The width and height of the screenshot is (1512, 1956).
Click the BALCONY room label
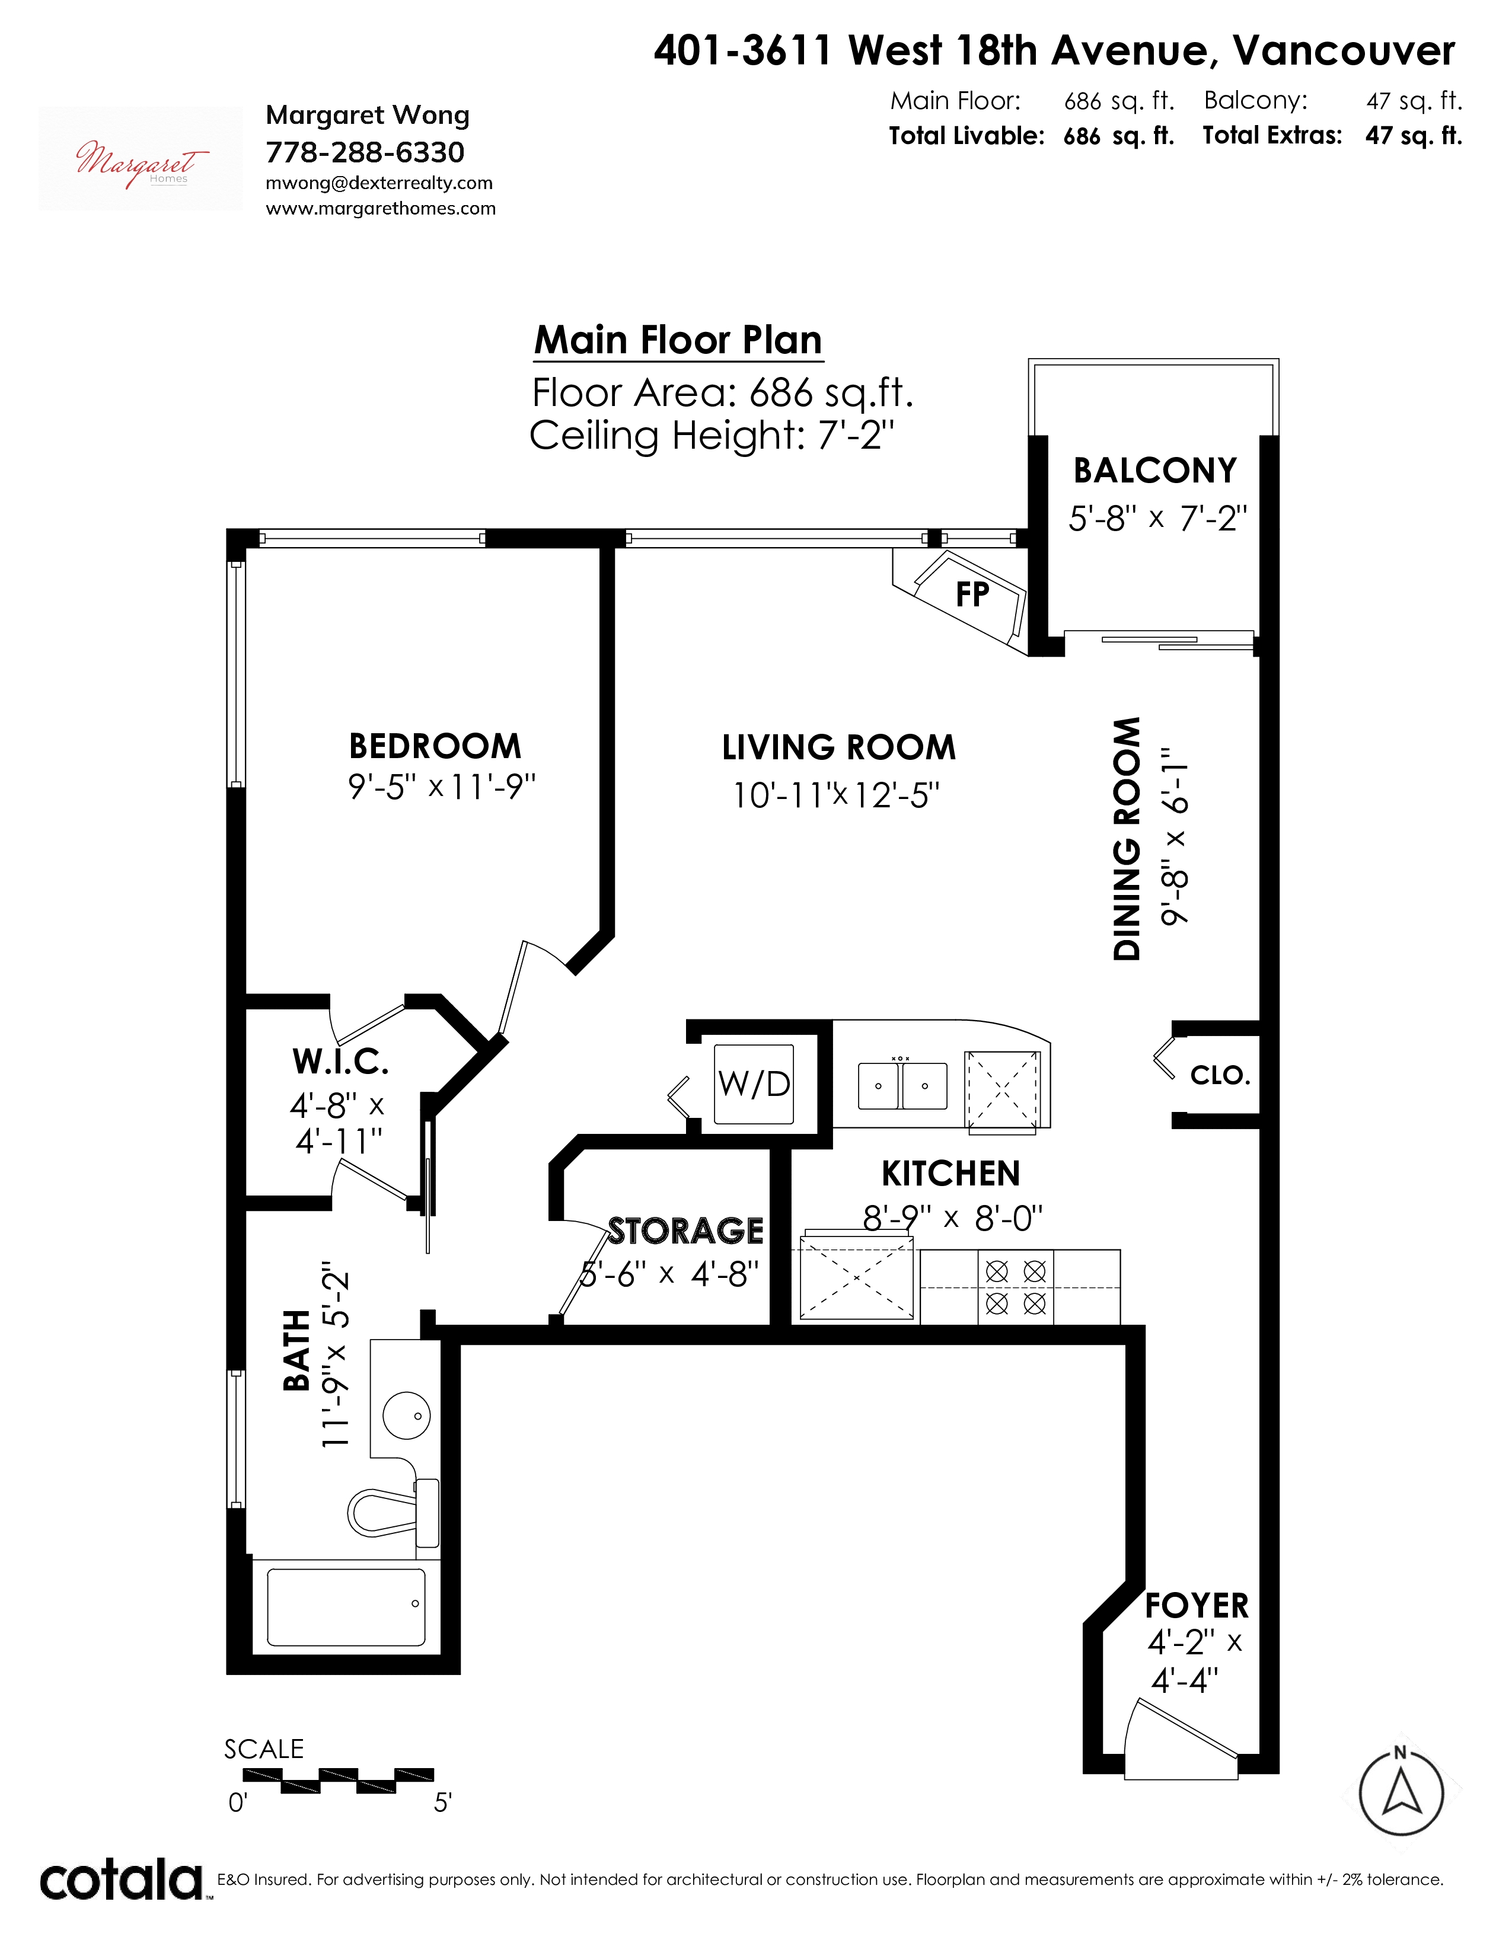click(1154, 470)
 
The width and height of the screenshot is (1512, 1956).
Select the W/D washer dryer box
click(753, 1084)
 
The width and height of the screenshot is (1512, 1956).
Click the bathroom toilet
click(394, 1512)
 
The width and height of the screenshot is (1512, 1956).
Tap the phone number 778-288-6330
click(365, 152)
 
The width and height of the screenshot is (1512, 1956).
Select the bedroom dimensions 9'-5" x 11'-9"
click(442, 787)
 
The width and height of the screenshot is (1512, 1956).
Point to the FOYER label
click(1197, 1606)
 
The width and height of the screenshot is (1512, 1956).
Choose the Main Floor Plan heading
click(678, 340)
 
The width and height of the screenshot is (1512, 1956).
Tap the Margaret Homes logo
click(141, 158)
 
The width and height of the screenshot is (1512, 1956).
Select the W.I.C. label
click(340, 1062)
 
